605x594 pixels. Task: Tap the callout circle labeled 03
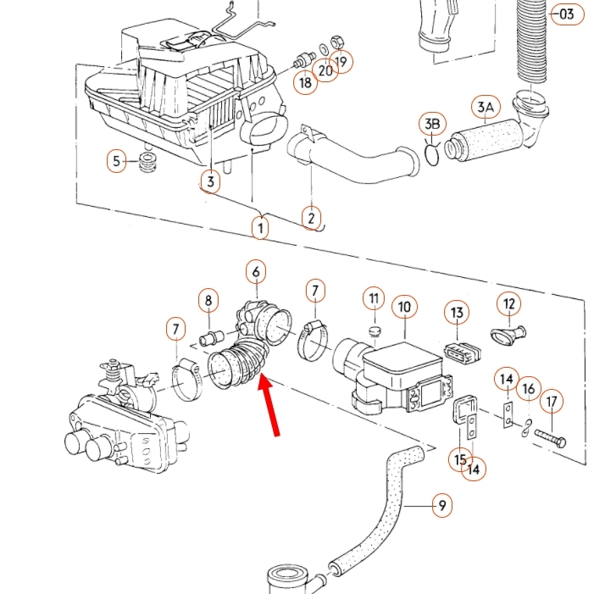pos(567,14)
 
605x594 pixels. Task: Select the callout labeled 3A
pos(485,108)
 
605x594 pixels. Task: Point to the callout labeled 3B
pos(432,125)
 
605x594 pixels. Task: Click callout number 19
pos(341,61)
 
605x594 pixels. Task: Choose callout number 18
pos(305,82)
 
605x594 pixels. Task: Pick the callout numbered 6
pos(256,273)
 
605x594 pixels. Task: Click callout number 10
pos(403,306)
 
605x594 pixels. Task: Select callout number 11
pos(374,298)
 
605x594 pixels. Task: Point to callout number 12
pos(508,303)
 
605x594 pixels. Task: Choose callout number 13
pos(458,314)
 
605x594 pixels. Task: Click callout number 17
pos(552,401)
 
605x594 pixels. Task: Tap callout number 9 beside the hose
pos(441,507)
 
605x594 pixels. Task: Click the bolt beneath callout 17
pos(550,438)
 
